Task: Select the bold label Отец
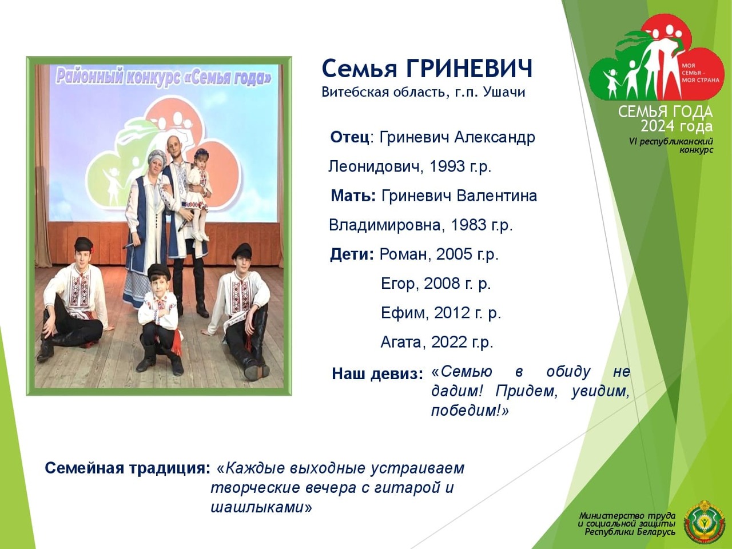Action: [x=349, y=137]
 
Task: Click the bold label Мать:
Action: [x=353, y=196]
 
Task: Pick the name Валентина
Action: [x=496, y=196]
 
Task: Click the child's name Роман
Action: [x=403, y=254]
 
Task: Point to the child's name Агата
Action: [x=403, y=342]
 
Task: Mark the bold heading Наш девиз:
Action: [x=377, y=374]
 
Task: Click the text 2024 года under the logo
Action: [x=677, y=126]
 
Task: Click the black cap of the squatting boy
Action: [x=159, y=272]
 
